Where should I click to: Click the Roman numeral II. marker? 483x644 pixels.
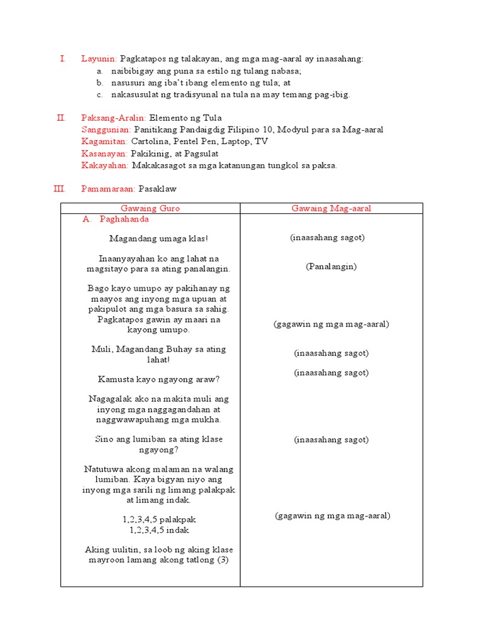click(x=61, y=118)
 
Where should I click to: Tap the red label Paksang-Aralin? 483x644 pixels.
click(x=114, y=118)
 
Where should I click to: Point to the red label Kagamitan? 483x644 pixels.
click(x=104, y=142)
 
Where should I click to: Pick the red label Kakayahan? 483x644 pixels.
click(x=105, y=165)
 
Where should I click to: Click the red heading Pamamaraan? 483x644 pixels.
click(x=109, y=189)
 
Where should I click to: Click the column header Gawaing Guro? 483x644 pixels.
click(x=150, y=208)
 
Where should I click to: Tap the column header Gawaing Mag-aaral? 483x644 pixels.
click(x=331, y=208)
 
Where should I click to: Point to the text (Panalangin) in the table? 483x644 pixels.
click(x=331, y=267)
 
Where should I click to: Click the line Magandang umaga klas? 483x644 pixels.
click(x=158, y=239)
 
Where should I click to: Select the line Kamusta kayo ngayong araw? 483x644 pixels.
click(x=158, y=379)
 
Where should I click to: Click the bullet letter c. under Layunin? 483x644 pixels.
click(x=99, y=94)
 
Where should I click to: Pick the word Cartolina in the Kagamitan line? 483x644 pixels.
click(x=151, y=142)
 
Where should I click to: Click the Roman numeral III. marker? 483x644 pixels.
click(x=60, y=189)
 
